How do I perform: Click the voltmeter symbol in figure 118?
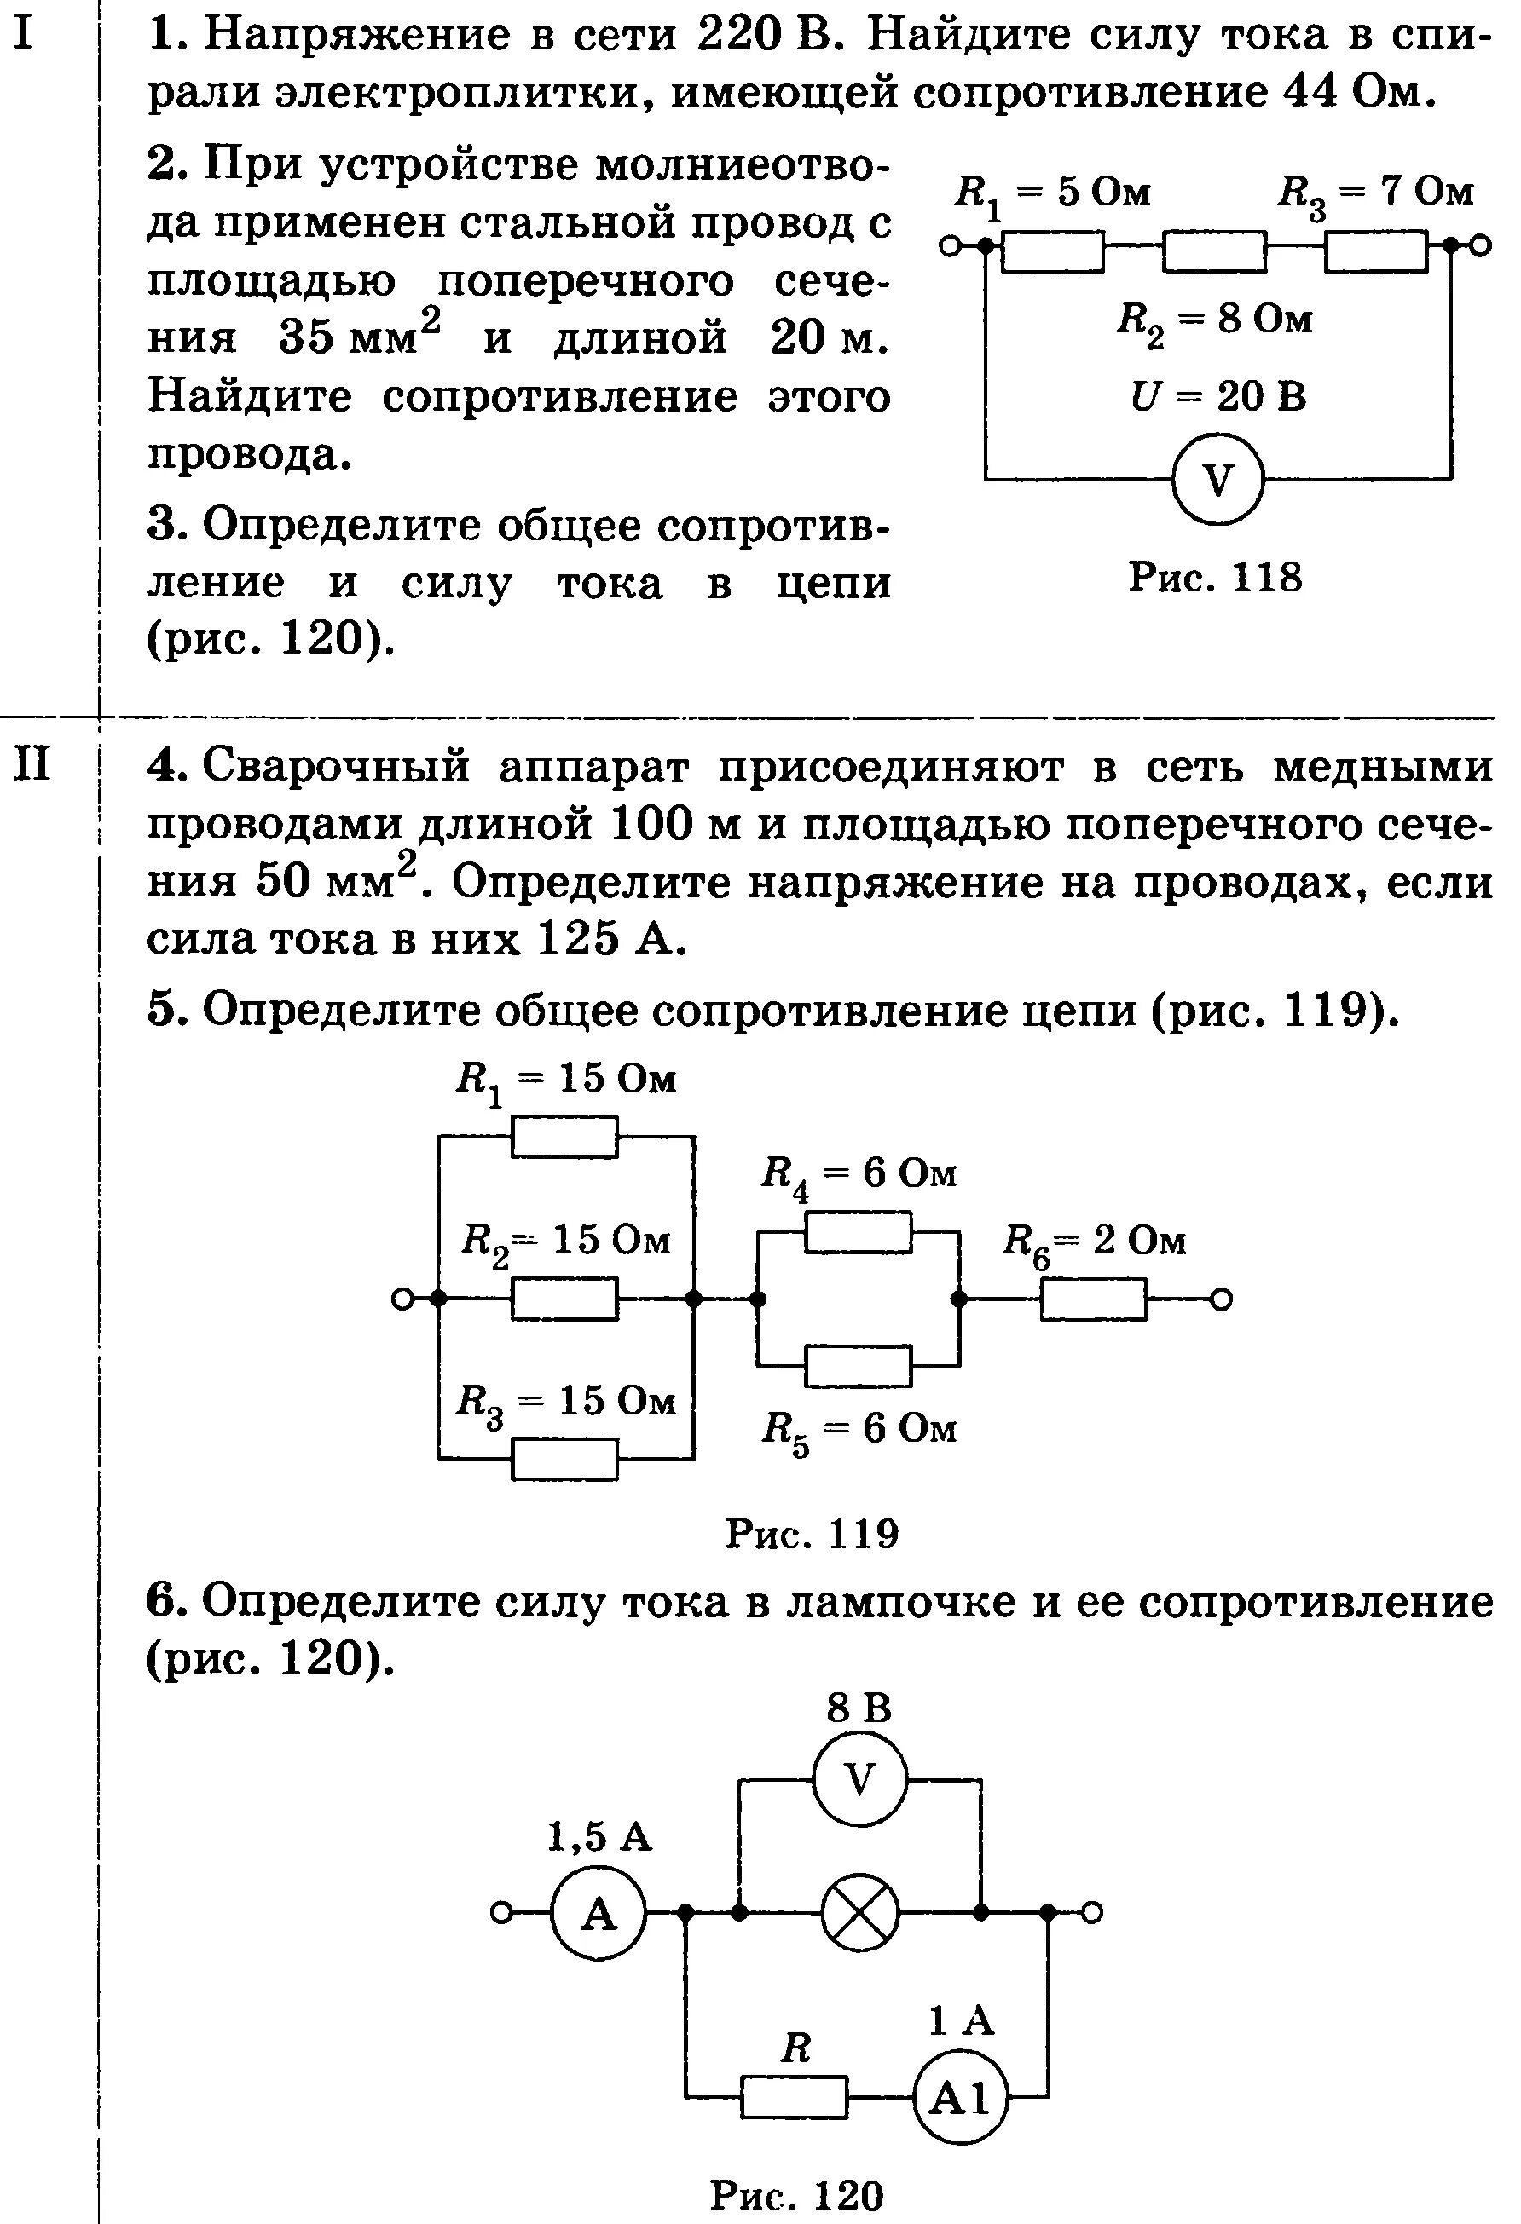pyautogui.click(x=1217, y=479)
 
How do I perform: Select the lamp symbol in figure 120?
pyautogui.click(x=859, y=1912)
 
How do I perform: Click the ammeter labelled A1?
pyautogui.click(x=960, y=2099)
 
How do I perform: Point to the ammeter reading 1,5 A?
pyautogui.click(x=599, y=1912)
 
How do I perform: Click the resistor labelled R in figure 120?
pyautogui.click(x=795, y=2099)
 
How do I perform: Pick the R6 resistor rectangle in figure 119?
pyautogui.click(x=1093, y=1299)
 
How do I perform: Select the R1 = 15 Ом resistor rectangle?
pyautogui.click(x=564, y=1137)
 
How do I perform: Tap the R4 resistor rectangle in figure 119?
pyautogui.click(x=858, y=1231)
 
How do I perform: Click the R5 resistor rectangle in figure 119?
pyautogui.click(x=858, y=1366)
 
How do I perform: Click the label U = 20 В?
pyautogui.click(x=1217, y=396)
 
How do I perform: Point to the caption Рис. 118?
pyautogui.click(x=1216, y=577)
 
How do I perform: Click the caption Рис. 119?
pyautogui.click(x=812, y=1534)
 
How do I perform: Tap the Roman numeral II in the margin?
pyautogui.click(x=32, y=765)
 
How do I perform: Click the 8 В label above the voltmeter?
pyautogui.click(x=859, y=1708)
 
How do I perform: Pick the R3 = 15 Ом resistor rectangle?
pyautogui.click(x=564, y=1460)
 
